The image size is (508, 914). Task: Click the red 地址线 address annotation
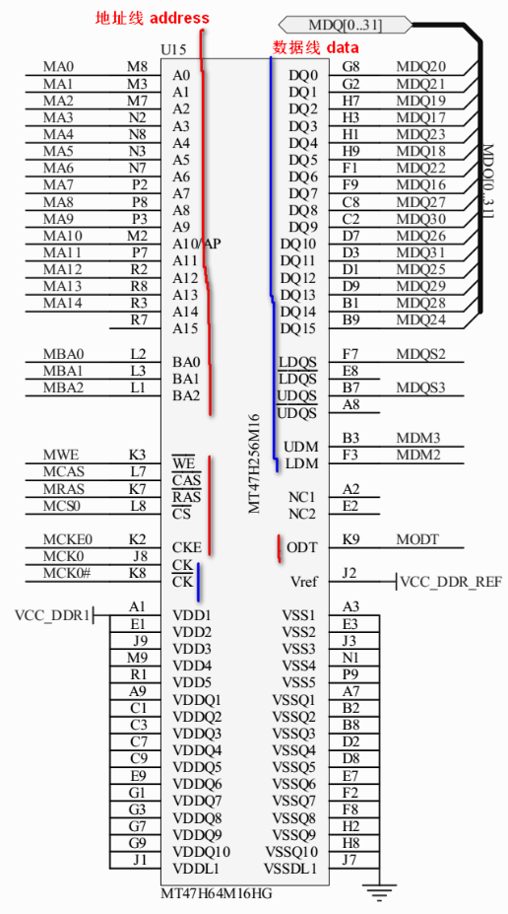pyautogui.click(x=153, y=18)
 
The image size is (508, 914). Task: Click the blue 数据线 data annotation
pyautogui.click(x=316, y=47)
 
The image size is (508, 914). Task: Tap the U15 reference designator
pyautogui.click(x=173, y=49)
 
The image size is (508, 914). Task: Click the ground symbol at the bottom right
pyautogui.click(x=379, y=890)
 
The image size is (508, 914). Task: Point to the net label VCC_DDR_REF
pyautogui.click(x=451, y=582)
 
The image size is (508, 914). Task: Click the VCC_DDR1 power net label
pyautogui.click(x=53, y=615)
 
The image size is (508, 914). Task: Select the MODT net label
pyautogui.click(x=417, y=539)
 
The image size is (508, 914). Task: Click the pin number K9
pyautogui.click(x=350, y=539)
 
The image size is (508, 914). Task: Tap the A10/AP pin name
pyautogui.click(x=197, y=244)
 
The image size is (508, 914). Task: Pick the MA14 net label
pyautogui.click(x=62, y=303)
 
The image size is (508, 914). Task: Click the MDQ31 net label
pyautogui.click(x=421, y=252)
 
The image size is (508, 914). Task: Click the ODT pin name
pyautogui.click(x=302, y=548)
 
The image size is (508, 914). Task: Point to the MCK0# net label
pyautogui.click(x=67, y=573)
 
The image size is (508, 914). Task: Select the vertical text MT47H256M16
pyautogui.click(x=254, y=463)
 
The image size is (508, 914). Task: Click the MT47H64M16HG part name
pyautogui.click(x=217, y=893)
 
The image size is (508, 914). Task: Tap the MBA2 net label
pyautogui.click(x=63, y=387)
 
